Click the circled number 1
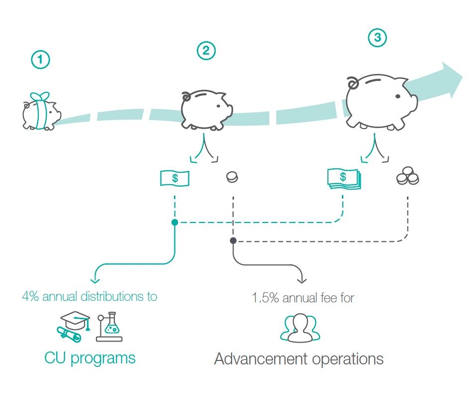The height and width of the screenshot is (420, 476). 41,60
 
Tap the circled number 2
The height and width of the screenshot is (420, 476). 206,50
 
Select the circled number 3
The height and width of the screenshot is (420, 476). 377,38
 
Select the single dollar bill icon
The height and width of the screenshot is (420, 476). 174,178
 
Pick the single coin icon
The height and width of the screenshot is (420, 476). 232,177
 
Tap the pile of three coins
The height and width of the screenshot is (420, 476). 407,177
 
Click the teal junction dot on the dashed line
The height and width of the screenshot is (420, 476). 174,222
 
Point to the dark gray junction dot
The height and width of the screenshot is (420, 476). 233,241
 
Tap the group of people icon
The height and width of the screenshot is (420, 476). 300,328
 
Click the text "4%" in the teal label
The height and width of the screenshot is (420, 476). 30,297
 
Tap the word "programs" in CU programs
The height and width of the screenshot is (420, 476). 103,358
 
